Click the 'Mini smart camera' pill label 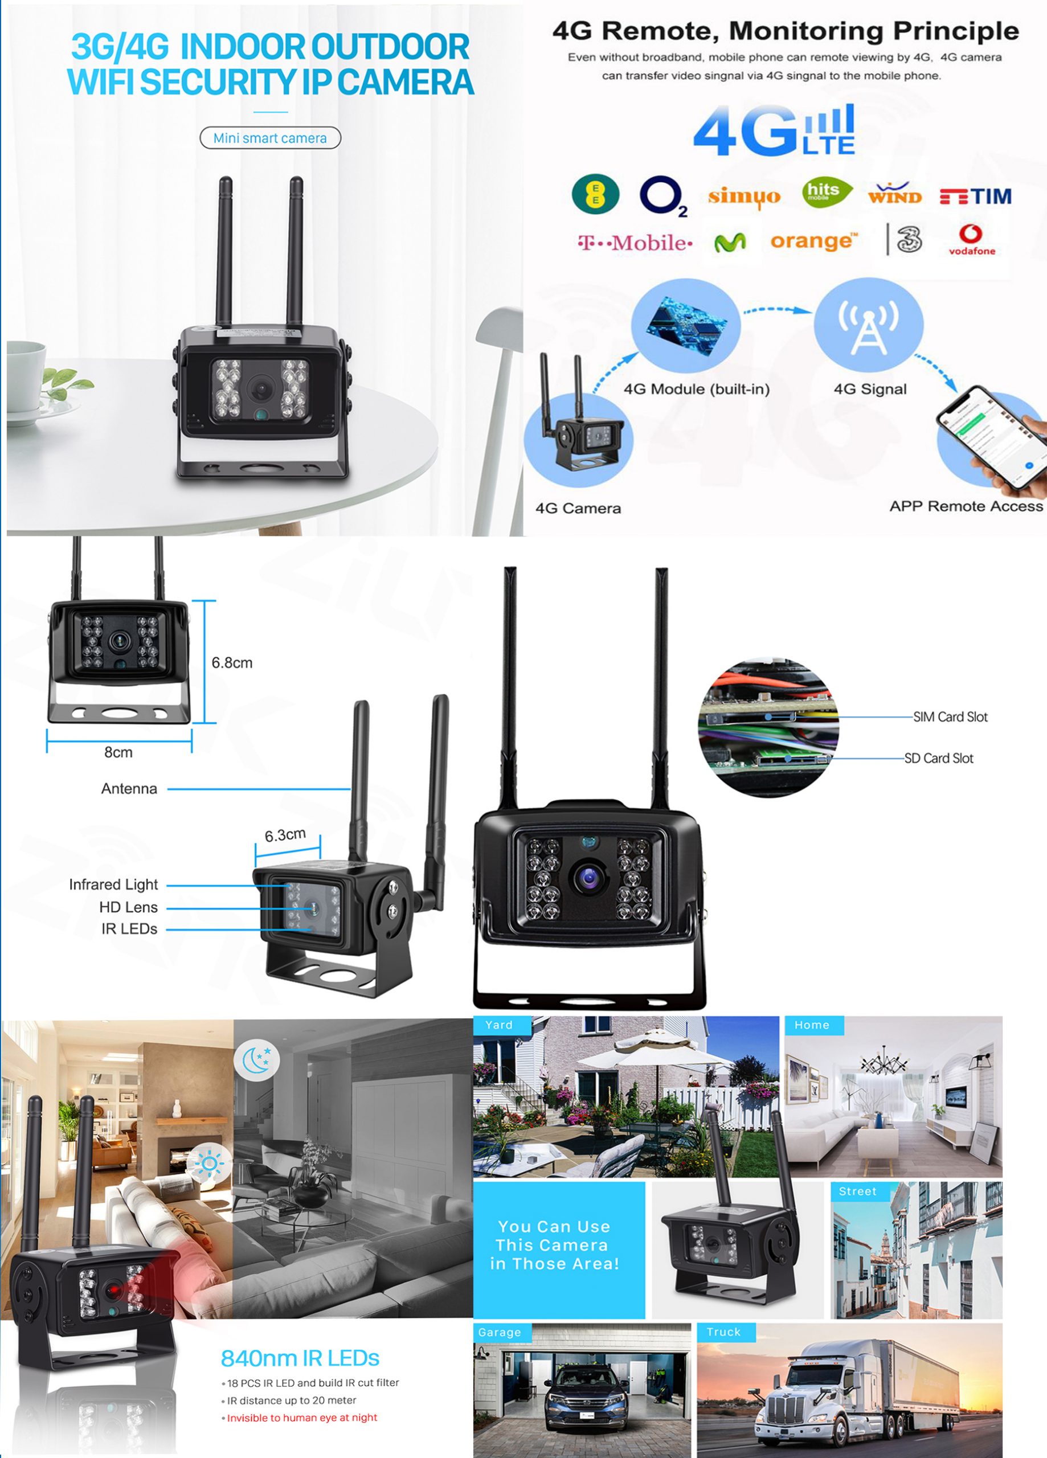[x=270, y=138]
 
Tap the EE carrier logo [x=595, y=194]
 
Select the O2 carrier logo [x=663, y=196]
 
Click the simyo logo [x=744, y=196]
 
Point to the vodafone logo [x=972, y=240]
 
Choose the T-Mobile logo [x=635, y=243]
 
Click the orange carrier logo [x=813, y=241]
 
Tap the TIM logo [x=976, y=196]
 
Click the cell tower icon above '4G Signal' [x=868, y=327]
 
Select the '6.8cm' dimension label [x=232, y=663]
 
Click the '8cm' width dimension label [x=118, y=752]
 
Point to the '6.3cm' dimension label [x=285, y=835]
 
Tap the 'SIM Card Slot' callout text [x=951, y=717]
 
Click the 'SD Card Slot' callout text [x=939, y=759]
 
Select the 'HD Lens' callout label [x=129, y=907]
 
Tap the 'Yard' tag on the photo [x=499, y=1025]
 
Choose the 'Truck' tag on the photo [x=724, y=1332]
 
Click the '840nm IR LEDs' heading [x=300, y=1358]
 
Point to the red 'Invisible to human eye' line [x=301, y=1418]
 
